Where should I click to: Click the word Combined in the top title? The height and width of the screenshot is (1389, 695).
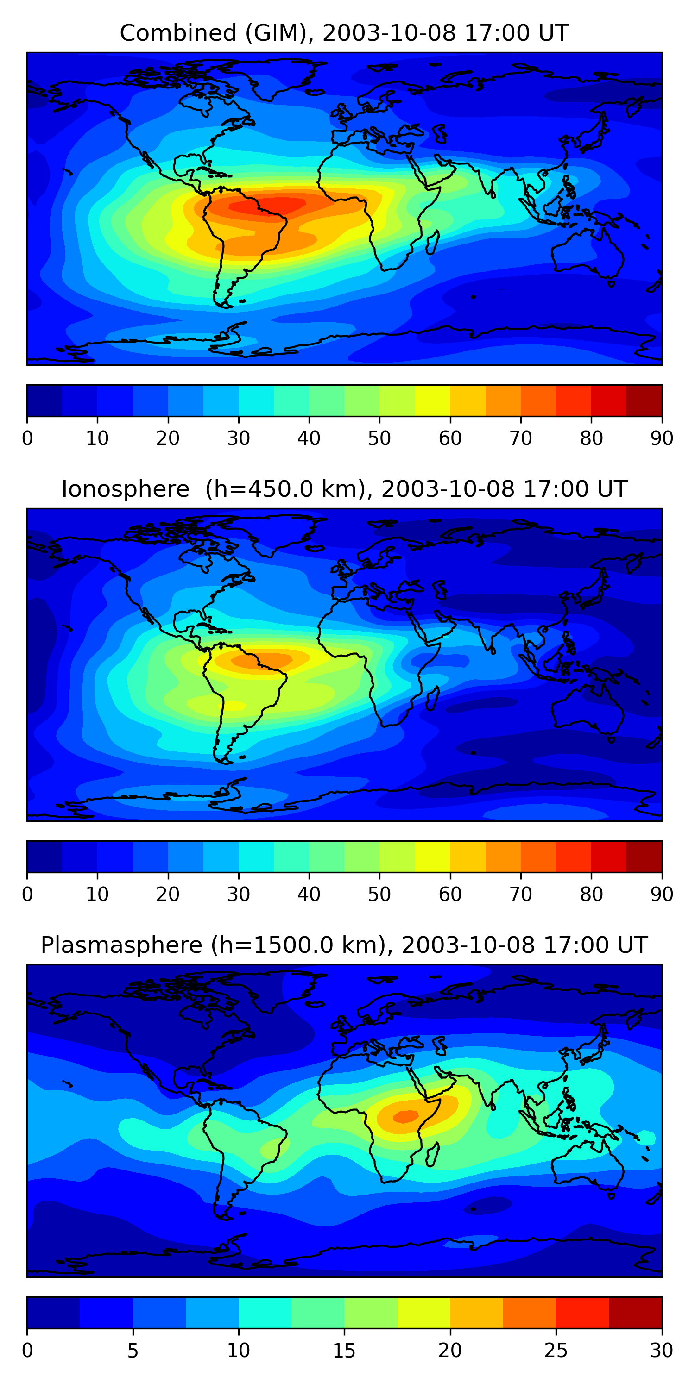tap(178, 33)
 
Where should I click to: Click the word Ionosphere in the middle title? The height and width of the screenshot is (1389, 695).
tap(125, 489)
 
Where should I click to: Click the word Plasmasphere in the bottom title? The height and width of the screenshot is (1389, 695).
tap(121, 945)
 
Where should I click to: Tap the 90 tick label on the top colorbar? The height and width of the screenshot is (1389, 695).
tap(662, 438)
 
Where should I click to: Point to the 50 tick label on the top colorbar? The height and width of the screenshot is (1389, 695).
tap(379, 438)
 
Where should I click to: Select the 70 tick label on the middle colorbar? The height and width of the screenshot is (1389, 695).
tap(521, 895)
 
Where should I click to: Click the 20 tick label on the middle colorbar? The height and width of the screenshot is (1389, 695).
tap(168, 895)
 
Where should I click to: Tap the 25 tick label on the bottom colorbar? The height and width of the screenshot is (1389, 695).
tap(556, 1351)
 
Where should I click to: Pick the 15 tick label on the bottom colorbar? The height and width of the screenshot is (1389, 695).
tap(344, 1351)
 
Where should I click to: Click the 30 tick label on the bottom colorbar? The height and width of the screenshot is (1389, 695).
tap(662, 1351)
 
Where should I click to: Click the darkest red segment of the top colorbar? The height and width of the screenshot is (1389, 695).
tap(644, 400)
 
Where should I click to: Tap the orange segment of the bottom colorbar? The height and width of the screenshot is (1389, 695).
tap(529, 1313)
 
